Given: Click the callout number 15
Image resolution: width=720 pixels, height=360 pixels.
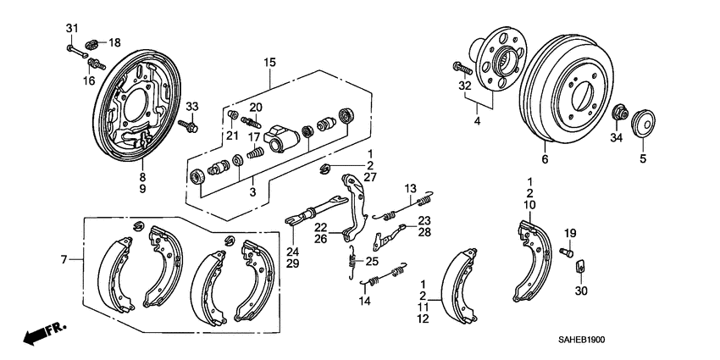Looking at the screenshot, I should (x=269, y=63).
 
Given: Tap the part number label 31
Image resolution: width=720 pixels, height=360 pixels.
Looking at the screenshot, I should (x=71, y=30).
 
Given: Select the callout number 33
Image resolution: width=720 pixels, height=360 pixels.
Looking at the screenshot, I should (x=191, y=106).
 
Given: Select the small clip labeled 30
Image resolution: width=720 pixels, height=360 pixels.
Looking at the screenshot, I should (x=582, y=269).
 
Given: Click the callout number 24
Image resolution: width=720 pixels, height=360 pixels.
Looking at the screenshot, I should (x=293, y=252).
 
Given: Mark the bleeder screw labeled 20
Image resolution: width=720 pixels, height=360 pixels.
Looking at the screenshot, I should (x=251, y=120).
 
